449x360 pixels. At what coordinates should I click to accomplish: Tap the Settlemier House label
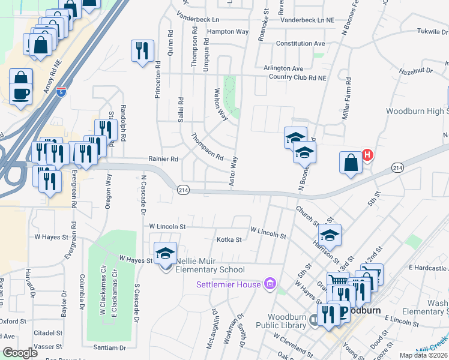(x=229, y=284)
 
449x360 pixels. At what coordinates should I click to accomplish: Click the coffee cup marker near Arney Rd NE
(x=21, y=95)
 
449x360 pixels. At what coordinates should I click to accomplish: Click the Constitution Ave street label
(x=300, y=44)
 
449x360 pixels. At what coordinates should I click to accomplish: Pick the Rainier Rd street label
(x=163, y=159)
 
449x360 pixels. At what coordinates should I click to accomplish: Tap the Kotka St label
(x=229, y=239)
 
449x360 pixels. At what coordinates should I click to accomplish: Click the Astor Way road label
(x=235, y=171)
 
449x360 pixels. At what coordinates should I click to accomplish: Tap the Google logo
(x=20, y=353)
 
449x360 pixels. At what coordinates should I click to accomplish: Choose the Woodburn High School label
(x=417, y=111)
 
